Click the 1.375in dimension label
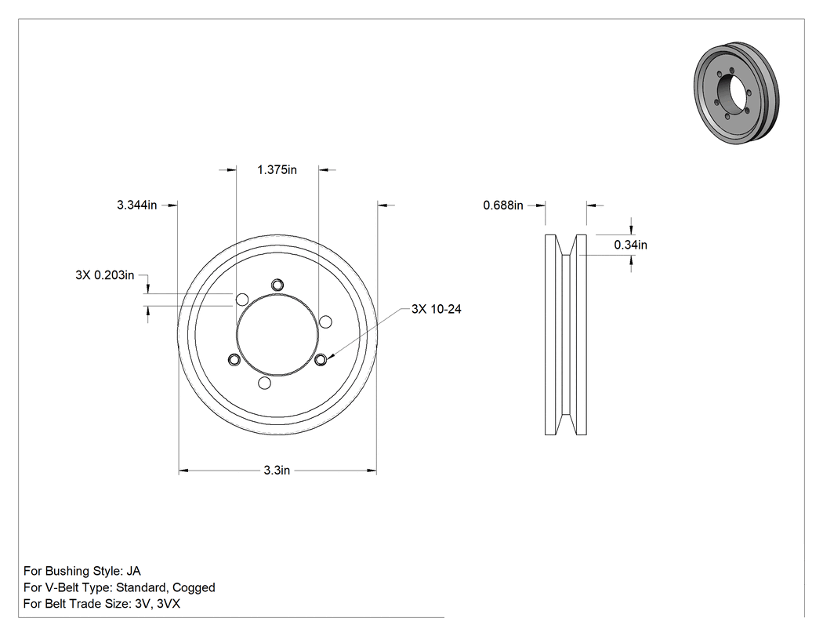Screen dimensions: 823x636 (277, 169)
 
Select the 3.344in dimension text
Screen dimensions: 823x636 (136, 205)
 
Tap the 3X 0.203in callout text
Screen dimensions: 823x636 (104, 275)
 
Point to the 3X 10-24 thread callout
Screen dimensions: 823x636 (436, 309)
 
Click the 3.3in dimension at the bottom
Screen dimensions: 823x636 (277, 470)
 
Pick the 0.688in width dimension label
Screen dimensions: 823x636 (503, 205)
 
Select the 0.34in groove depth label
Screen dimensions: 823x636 (630, 245)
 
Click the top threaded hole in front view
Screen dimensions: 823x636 (277, 285)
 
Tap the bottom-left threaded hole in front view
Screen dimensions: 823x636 (234, 360)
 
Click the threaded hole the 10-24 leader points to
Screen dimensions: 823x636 (321, 359)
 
